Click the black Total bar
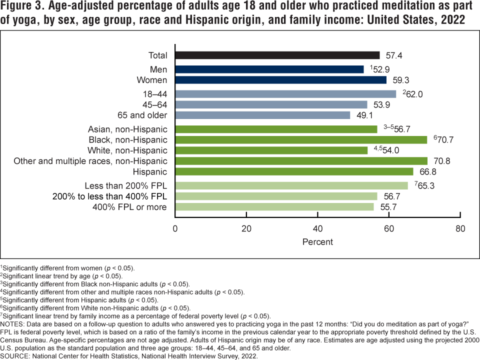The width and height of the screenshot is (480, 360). [277, 55]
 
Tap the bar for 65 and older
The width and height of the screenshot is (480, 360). [262, 115]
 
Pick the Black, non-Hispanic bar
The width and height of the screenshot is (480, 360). [301, 140]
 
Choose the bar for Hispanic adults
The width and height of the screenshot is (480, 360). [294, 172]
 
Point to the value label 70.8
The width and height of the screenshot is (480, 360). [442, 161]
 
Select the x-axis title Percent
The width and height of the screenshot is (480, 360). [317, 242]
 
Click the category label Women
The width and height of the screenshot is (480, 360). [152, 80]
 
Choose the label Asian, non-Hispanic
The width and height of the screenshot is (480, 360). [127, 129]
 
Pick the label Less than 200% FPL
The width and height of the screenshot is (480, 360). [125, 185]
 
